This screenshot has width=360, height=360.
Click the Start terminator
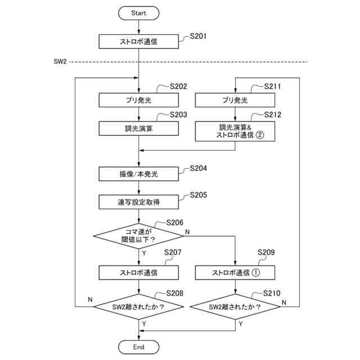[138, 13]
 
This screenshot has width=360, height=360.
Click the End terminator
[138, 346]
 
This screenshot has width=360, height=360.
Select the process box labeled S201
[138, 42]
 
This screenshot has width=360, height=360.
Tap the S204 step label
[199, 168]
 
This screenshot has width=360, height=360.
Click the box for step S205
[138, 202]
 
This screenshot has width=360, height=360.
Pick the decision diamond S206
[138, 236]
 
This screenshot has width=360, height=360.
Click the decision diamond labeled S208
[138, 307]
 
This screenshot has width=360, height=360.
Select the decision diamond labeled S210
[235, 307]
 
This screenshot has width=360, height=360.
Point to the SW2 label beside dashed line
[60, 61]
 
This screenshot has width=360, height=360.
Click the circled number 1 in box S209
[255, 272]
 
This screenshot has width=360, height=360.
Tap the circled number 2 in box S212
[260, 135]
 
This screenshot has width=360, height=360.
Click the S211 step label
[272, 86]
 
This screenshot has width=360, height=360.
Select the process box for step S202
[138, 100]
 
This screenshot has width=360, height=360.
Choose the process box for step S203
[138, 128]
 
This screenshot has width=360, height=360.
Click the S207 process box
[138, 272]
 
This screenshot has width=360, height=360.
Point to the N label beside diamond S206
[187, 232]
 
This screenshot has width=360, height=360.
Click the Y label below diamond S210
[240, 324]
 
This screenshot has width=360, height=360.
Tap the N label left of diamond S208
[90, 300]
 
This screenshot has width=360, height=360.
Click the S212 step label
[272, 115]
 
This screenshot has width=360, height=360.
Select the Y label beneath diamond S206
[144, 253]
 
